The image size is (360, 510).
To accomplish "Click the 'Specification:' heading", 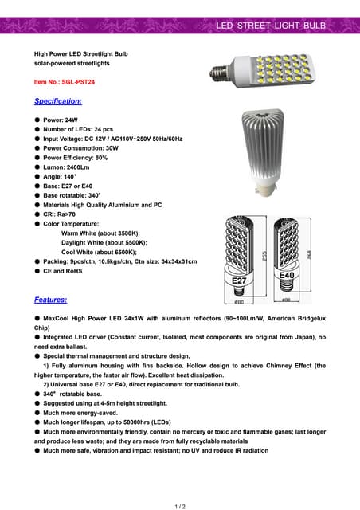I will click(x=57, y=102).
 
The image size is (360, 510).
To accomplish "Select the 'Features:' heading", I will click(x=50, y=300).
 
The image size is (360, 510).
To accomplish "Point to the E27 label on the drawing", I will click(x=239, y=281).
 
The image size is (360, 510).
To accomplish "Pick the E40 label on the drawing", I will click(x=287, y=275).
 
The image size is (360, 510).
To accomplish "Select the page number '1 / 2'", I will click(x=180, y=506).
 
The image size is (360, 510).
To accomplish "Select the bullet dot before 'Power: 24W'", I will click(x=37, y=120).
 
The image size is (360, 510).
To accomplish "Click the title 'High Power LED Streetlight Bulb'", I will click(x=80, y=53).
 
